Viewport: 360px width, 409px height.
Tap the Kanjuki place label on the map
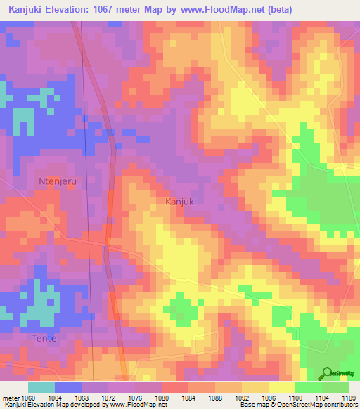tap(180, 202)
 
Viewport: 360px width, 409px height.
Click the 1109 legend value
tap(348, 397)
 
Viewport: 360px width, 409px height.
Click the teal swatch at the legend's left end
tap(41, 387)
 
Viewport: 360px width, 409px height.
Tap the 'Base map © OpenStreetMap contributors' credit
tap(298, 405)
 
